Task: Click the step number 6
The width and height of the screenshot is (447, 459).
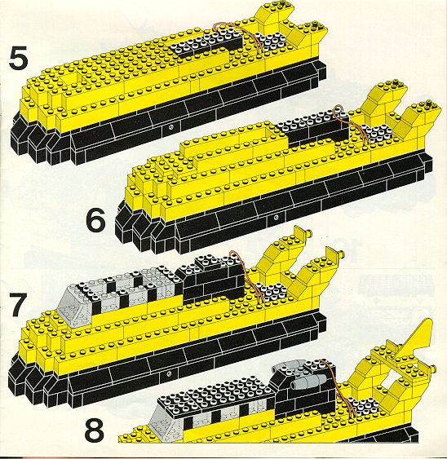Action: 95,221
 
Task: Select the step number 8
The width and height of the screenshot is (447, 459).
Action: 95,431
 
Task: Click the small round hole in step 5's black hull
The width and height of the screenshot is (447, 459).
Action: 171,126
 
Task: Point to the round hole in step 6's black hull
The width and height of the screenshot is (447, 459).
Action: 277,217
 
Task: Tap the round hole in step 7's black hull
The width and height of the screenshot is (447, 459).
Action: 169,374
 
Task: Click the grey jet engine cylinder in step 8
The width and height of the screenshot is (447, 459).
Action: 308,381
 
